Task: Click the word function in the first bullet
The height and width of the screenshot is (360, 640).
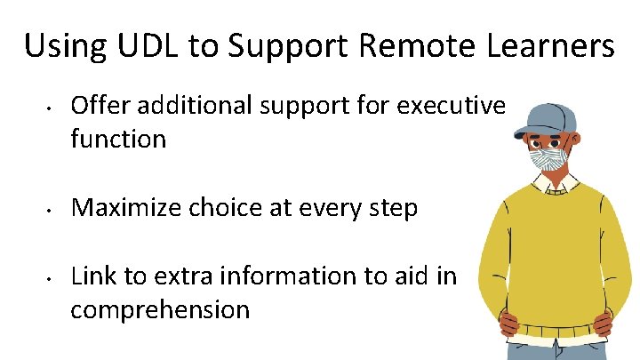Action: click(118, 139)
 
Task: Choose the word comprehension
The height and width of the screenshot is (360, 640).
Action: click(160, 311)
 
